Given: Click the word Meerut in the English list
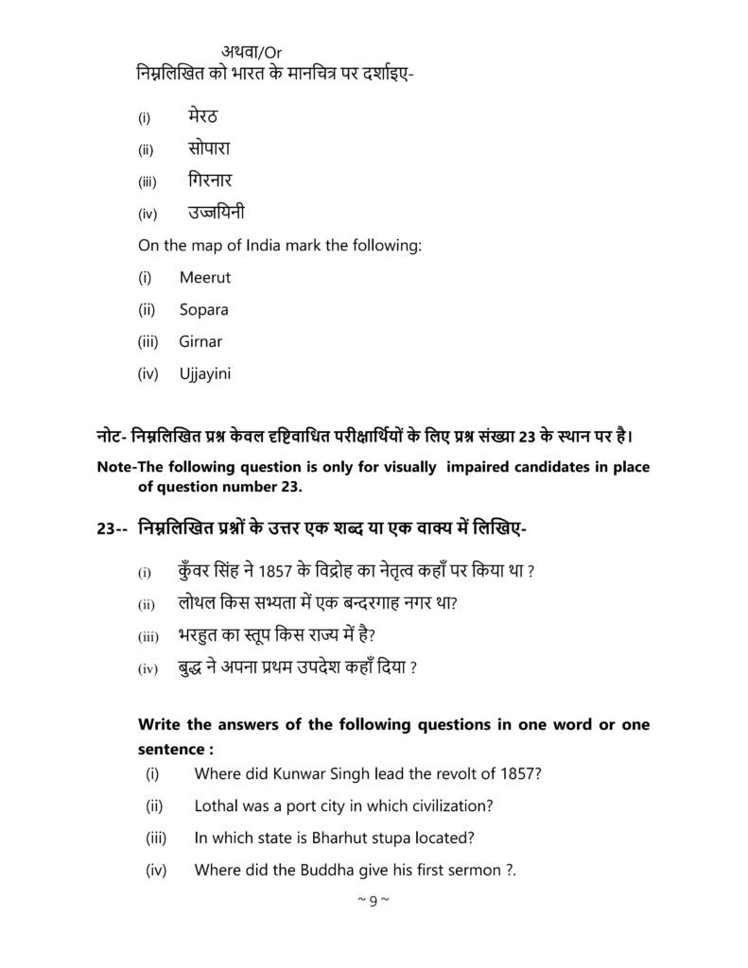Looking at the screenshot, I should tap(204, 278).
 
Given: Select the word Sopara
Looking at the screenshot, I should tap(203, 310).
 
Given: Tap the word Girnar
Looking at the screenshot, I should tap(200, 341).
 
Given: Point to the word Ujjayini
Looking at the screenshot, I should tap(204, 373).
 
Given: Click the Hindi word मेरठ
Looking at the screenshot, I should tap(203, 117).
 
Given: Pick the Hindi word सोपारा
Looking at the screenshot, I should tap(209, 148).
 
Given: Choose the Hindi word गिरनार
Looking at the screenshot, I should tap(209, 180).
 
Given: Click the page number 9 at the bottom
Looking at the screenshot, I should tap(374, 900).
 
